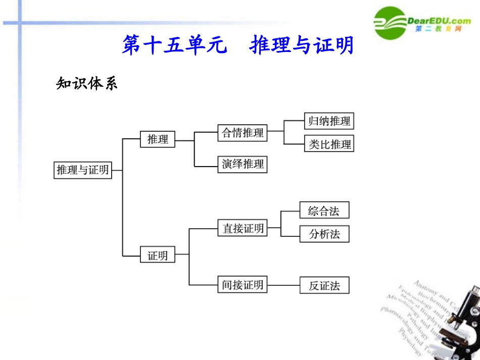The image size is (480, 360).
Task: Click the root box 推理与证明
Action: pyautogui.click(x=83, y=170)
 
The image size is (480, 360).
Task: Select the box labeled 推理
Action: pyautogui.click(x=158, y=139)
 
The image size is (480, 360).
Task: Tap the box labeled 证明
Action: pyautogui.click(x=158, y=255)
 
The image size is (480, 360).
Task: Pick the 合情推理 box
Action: pyautogui.click(x=243, y=133)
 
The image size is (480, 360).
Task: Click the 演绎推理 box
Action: pyautogui.click(x=243, y=164)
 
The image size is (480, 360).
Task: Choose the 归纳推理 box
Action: pyautogui.click(x=329, y=121)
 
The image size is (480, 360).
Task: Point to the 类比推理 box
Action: pyautogui.click(x=329, y=144)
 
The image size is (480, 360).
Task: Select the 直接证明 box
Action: pyautogui.click(x=243, y=228)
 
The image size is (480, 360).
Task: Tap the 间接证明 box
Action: pyautogui.click(x=243, y=285)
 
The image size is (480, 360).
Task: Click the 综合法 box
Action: pyautogui.click(x=324, y=211)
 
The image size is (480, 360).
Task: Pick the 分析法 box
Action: pyautogui.click(x=324, y=234)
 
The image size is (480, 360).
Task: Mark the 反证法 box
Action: pyautogui.click(x=324, y=286)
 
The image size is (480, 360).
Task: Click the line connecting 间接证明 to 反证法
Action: pyautogui.click(x=283, y=286)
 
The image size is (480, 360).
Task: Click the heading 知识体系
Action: pyautogui.click(x=86, y=83)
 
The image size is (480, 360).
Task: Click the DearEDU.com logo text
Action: pyautogui.click(x=439, y=20)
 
